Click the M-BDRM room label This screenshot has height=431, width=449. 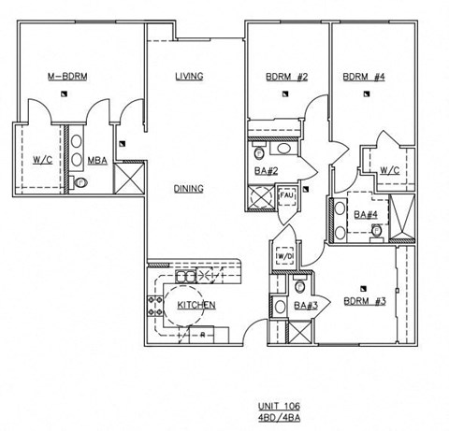click(67, 77)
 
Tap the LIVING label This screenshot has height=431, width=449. click(189, 77)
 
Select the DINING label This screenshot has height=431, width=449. click(189, 189)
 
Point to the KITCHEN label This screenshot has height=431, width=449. click(196, 305)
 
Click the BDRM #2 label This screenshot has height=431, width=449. click(287, 77)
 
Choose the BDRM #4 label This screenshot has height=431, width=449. click(364, 77)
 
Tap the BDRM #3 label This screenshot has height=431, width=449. click(365, 301)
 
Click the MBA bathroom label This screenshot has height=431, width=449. click(97, 161)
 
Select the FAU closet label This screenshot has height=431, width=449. click(286, 195)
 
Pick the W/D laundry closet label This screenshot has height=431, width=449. click(284, 256)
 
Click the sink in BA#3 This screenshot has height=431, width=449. click(280, 307)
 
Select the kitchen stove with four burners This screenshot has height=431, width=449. click(155, 306)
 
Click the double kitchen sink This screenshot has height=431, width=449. click(186, 276)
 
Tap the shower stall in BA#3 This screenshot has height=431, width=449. click(299, 332)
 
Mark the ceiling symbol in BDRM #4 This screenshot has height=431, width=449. click(367, 93)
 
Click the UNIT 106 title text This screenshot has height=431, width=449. click(279, 406)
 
